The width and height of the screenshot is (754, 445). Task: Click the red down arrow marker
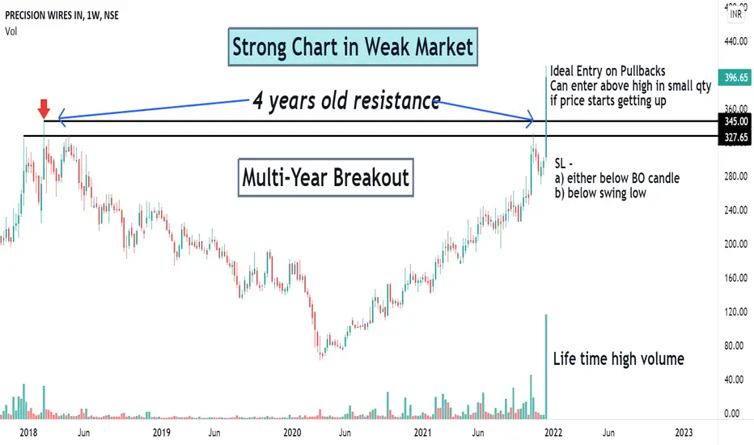point(44,108)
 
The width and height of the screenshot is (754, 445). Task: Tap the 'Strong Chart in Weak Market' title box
point(353,47)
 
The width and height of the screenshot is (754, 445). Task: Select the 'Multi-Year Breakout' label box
point(325,177)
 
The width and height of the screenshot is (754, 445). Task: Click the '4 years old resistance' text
point(346,100)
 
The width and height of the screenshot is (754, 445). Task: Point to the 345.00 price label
point(735,121)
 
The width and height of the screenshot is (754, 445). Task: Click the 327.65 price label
point(735,138)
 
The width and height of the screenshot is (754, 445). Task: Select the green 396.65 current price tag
point(735,78)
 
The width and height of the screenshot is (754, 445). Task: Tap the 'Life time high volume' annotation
point(618,359)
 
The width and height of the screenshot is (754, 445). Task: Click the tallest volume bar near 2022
point(546,366)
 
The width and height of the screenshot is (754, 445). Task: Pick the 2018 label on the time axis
point(28,433)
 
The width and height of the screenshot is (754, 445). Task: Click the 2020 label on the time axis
point(292,433)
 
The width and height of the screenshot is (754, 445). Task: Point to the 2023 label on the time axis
point(684,433)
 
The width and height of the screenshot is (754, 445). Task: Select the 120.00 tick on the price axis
point(735,311)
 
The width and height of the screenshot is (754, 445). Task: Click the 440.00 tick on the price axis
point(735,41)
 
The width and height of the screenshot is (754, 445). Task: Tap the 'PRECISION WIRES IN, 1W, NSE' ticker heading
point(62,15)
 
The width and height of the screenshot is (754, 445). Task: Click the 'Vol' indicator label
point(11,32)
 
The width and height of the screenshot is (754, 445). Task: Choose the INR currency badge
point(735,14)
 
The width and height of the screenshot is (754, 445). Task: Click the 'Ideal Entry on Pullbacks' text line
point(608,71)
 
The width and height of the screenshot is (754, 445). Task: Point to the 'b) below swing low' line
point(600,193)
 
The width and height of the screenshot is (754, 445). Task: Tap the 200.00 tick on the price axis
point(735,244)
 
